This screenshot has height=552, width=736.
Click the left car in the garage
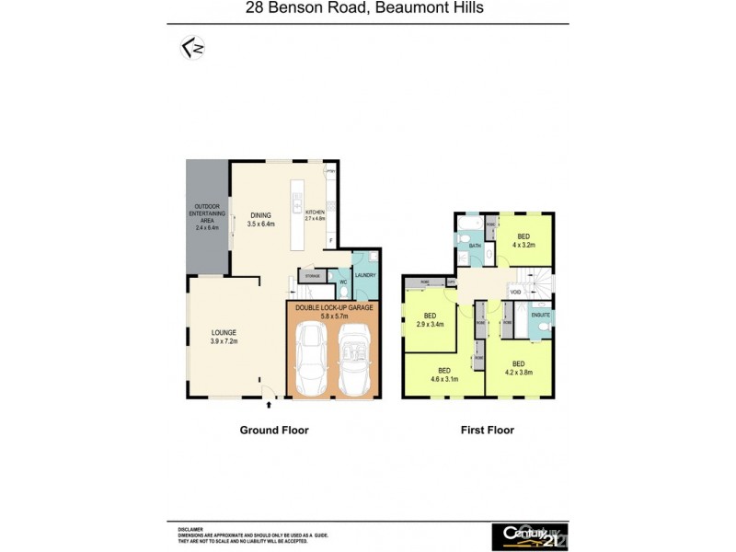coord(309,361)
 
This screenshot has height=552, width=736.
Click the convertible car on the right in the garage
coord(354,361)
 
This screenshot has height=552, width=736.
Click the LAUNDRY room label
coord(365,274)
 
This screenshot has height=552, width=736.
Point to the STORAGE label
coord(313,275)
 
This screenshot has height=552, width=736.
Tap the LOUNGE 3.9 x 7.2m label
coord(224,337)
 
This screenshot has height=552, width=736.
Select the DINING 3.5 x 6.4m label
coord(262,219)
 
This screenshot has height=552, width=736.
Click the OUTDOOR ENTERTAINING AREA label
coord(207,217)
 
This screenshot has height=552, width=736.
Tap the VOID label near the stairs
coord(515,292)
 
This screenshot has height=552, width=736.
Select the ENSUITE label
coord(540,315)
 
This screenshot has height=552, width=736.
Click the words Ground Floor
coord(274,430)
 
